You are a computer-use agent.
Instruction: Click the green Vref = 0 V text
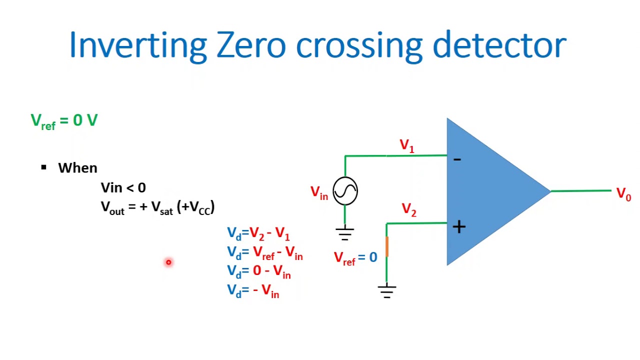pyautogui.click(x=64, y=121)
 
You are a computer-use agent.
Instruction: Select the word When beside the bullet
pyautogui.click(x=77, y=168)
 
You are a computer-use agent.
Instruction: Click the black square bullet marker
pyautogui.click(x=44, y=167)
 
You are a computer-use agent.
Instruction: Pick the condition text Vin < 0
pyautogui.click(x=123, y=188)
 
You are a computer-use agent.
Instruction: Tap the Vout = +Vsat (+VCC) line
pyautogui.click(x=157, y=207)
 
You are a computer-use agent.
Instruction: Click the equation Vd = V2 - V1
pyautogui.click(x=258, y=233)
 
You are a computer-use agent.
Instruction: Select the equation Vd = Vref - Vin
pyautogui.click(x=264, y=253)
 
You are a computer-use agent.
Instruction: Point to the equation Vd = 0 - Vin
pyautogui.click(x=258, y=272)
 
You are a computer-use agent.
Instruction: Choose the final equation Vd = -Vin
pyautogui.click(x=253, y=291)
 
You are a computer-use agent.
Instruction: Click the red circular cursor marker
pyautogui.click(x=168, y=262)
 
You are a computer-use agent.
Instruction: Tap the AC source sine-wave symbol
pyautogui.click(x=345, y=190)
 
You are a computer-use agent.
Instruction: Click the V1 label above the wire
pyautogui.click(x=407, y=146)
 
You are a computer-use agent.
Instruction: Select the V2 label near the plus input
pyautogui.click(x=409, y=210)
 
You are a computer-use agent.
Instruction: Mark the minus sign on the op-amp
pyautogui.click(x=457, y=159)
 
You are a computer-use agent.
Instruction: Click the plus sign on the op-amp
pyautogui.click(x=458, y=227)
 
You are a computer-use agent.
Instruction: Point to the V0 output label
pyautogui.click(x=623, y=194)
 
